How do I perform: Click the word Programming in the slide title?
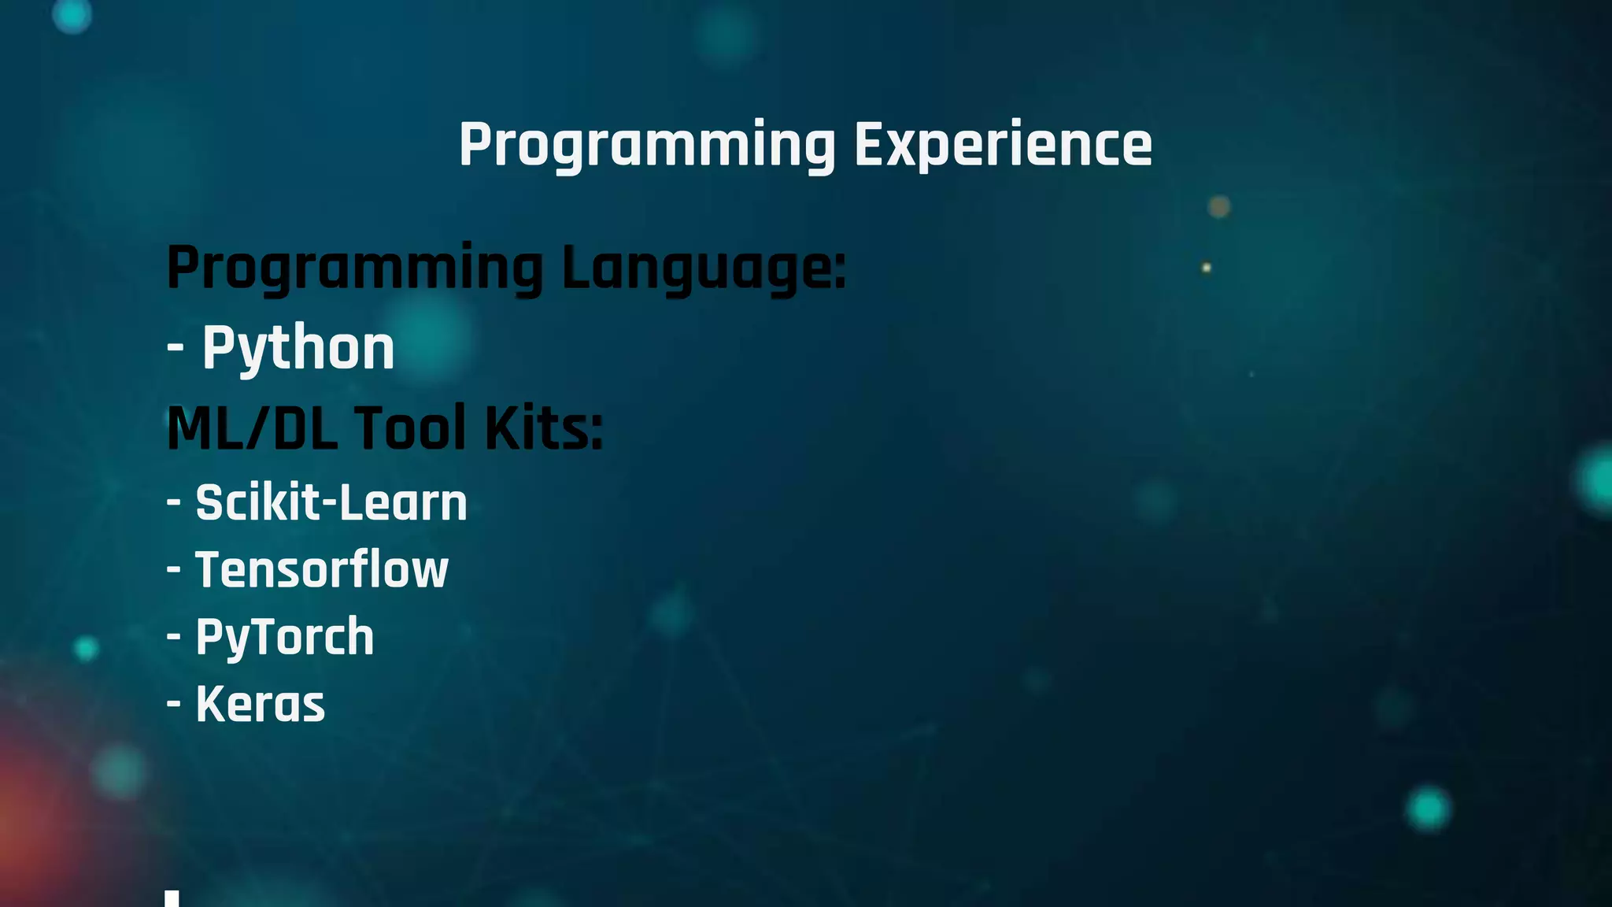647,146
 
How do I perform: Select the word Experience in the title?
1003,146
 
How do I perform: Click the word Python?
298,348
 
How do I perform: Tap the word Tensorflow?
321,569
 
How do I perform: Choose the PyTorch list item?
284,636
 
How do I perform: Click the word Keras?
260,704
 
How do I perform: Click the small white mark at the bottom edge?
172,898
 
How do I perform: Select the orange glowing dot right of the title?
1219,206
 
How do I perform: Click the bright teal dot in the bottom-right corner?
1428,808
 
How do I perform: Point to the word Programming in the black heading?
355,268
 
